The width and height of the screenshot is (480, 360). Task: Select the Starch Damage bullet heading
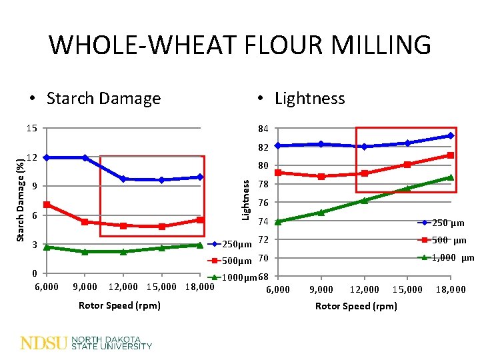(103, 99)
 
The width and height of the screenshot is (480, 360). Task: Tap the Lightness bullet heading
(309, 99)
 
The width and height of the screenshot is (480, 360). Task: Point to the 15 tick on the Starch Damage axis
(33, 128)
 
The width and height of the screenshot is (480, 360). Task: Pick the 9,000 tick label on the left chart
(84, 287)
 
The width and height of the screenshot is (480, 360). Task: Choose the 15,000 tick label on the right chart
(407, 289)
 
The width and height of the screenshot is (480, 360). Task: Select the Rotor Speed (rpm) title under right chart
(356, 306)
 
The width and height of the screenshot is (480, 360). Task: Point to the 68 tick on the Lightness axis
(263, 277)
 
